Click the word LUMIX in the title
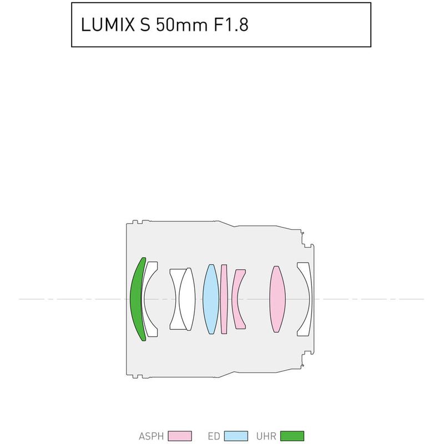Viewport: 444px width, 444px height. [108, 24]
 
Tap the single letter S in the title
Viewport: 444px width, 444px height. [145, 24]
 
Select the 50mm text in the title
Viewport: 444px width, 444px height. [182, 24]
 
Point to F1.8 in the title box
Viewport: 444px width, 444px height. [231, 24]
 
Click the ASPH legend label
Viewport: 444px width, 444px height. [151, 436]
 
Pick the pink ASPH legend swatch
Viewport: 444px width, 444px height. [180, 436]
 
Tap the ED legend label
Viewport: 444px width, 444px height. [214, 436]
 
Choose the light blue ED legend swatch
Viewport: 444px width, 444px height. [236, 436]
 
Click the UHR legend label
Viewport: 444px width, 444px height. [266, 436]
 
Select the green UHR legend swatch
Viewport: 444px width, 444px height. [292, 436]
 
